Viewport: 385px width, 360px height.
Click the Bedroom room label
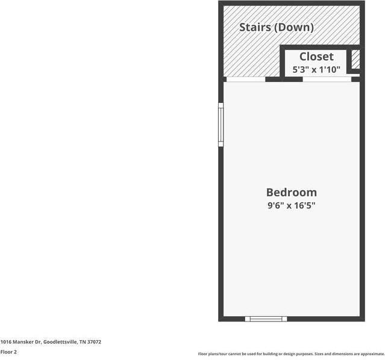[291, 193]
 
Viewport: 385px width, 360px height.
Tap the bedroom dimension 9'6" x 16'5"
[291, 206]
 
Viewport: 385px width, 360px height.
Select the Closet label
[316, 57]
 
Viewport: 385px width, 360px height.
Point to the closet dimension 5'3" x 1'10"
[316, 69]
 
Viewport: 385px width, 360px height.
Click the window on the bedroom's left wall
[221, 125]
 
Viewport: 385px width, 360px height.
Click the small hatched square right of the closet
[356, 59]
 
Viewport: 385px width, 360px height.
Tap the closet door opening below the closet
[327, 78]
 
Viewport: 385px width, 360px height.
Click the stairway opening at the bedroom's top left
[246, 78]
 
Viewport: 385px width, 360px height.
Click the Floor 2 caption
[8, 352]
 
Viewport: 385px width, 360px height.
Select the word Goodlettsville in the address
[60, 342]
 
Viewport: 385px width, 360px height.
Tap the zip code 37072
[94, 342]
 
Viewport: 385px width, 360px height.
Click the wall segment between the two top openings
[284, 78]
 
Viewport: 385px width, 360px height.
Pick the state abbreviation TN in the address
[83, 342]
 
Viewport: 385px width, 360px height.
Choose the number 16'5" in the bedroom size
[305, 206]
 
